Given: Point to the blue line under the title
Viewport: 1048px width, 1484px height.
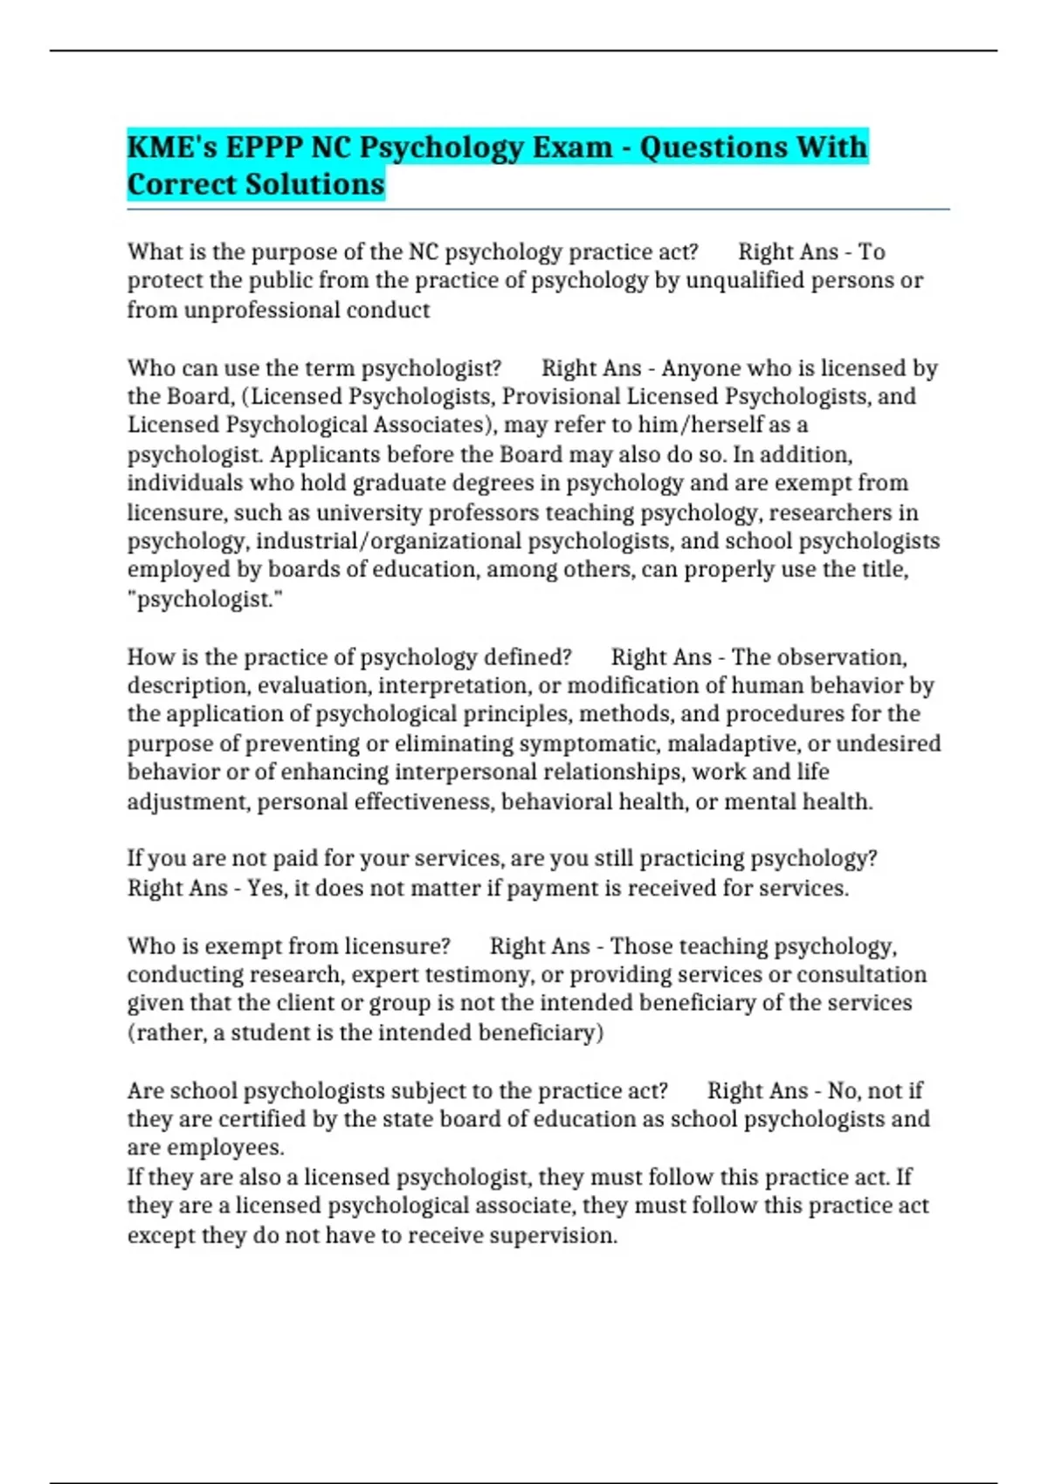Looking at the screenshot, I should click(537, 210).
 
